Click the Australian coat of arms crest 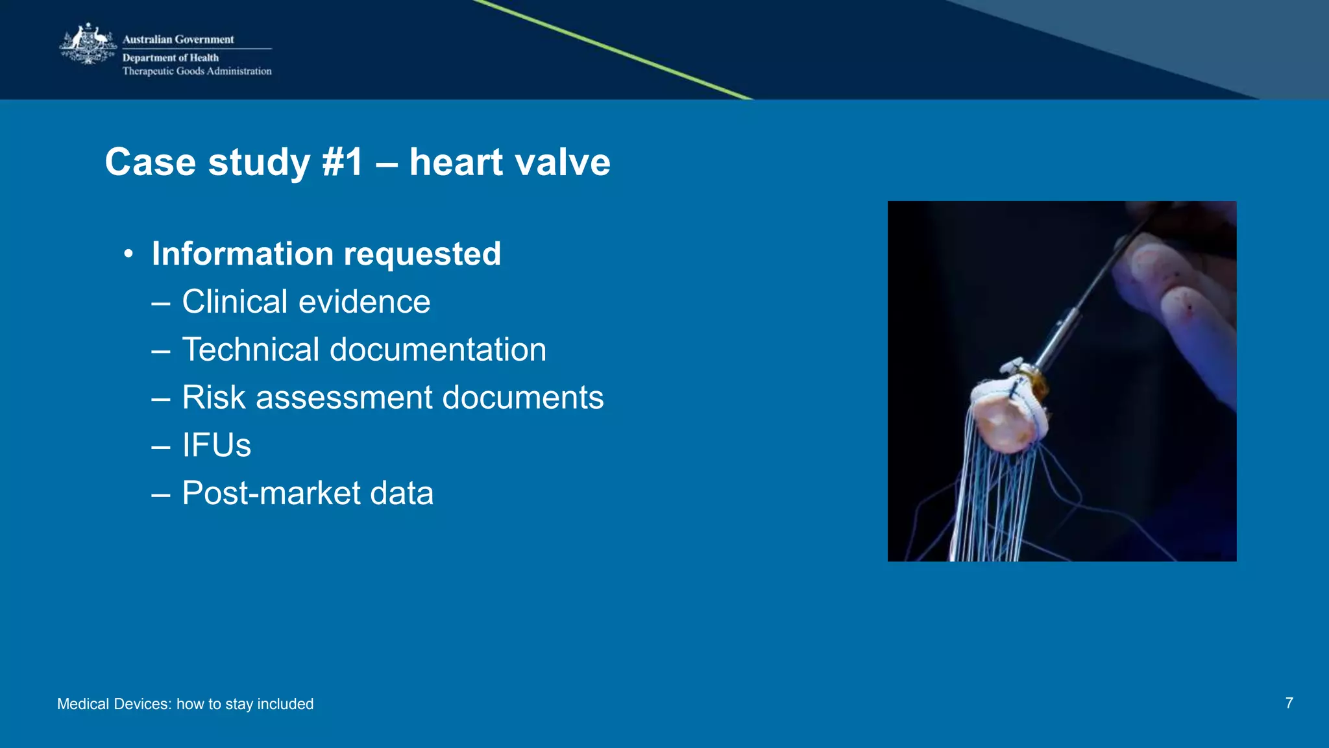88,44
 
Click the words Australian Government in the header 178,40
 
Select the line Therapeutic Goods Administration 197,71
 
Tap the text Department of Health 170,58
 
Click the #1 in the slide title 343,162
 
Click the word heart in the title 456,162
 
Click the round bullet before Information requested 128,254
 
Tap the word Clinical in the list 234,302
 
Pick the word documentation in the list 438,350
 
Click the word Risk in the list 213,397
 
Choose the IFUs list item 216,445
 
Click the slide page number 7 1289,703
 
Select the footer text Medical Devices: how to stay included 185,704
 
